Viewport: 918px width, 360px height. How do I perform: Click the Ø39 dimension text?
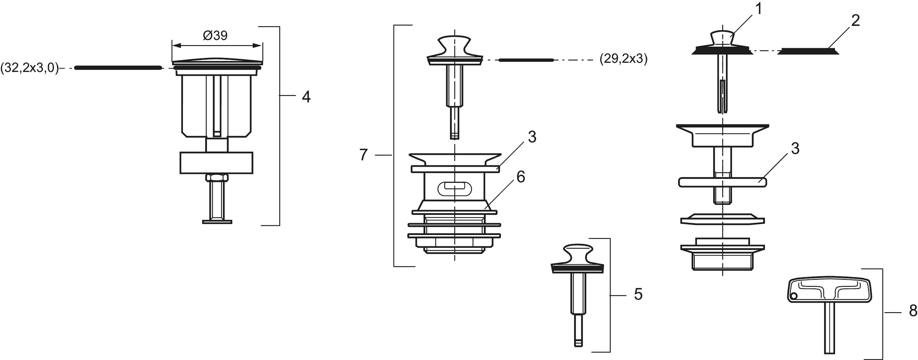pyautogui.click(x=215, y=35)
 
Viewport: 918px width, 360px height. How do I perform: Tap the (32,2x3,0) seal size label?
pyautogui.click(x=30, y=67)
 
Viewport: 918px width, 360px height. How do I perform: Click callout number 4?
pyautogui.click(x=306, y=97)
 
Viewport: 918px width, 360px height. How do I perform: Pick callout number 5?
pyautogui.click(x=638, y=294)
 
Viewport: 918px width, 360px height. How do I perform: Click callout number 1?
pyautogui.click(x=759, y=9)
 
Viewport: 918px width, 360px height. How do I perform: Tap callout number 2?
pyautogui.click(x=855, y=21)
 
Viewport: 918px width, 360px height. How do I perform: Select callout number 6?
pyautogui.click(x=521, y=177)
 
